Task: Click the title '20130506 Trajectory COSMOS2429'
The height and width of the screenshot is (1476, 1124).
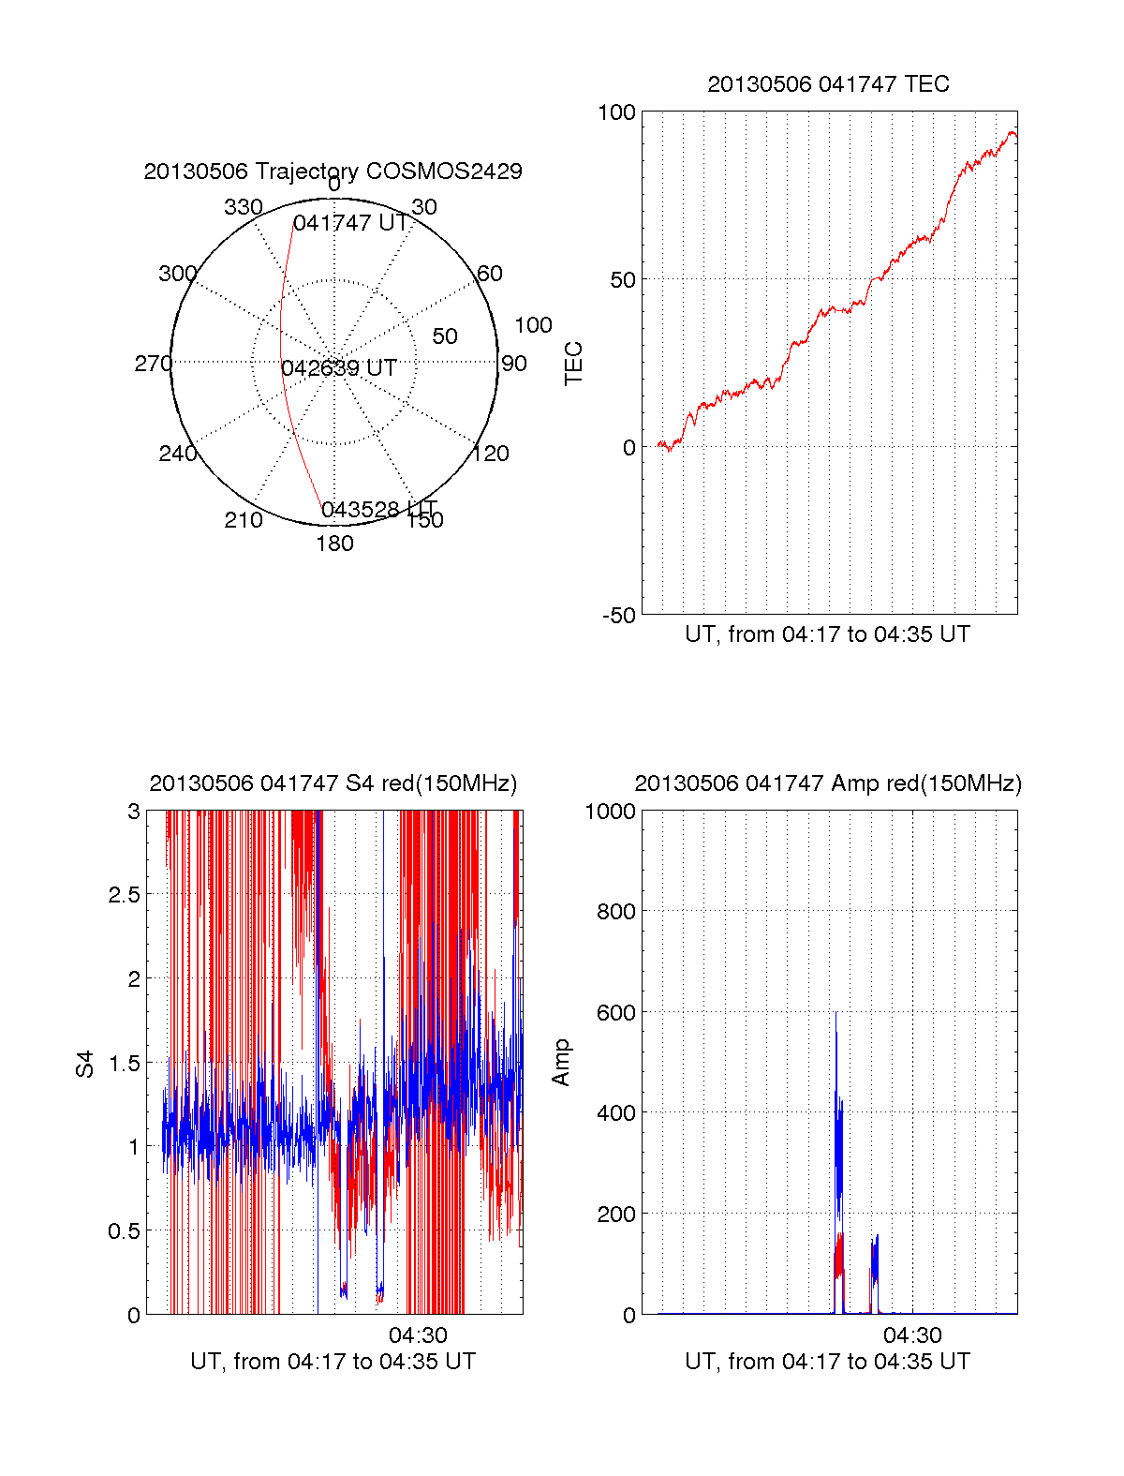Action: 333,171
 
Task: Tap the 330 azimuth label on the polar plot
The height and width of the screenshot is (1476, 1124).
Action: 243,207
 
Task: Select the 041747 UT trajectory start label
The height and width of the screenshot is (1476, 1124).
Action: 351,223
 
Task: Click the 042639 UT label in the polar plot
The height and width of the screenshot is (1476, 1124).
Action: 339,368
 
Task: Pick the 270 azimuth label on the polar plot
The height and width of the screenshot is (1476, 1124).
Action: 153,364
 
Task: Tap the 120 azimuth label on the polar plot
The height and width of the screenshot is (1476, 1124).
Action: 491,454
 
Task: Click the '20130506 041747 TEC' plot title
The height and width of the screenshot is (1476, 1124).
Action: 828,84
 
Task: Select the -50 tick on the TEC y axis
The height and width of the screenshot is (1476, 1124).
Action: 618,616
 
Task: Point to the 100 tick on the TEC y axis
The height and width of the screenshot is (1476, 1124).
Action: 616,112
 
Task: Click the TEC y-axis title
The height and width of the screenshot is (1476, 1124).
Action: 573,364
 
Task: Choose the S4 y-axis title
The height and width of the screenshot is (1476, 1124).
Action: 85,1064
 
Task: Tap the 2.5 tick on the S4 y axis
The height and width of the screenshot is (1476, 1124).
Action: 124,895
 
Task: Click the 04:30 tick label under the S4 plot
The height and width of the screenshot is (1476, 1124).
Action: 418,1335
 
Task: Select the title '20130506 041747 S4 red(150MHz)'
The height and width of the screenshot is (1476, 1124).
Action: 333,783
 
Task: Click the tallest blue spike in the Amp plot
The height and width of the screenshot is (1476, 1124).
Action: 836,1017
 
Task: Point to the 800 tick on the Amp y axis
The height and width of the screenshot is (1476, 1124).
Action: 615,912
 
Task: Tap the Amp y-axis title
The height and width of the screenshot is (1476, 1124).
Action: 561,1063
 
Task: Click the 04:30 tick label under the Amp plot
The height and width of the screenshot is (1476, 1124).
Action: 912,1335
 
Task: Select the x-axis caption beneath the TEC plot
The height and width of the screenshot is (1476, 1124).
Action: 827,634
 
